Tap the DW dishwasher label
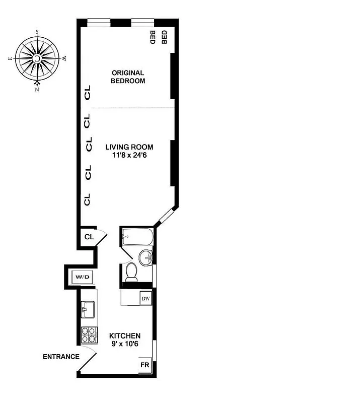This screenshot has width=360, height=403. click(x=145, y=299)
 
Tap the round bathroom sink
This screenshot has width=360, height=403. click(x=146, y=258)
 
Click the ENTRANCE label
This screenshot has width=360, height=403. click(x=61, y=357)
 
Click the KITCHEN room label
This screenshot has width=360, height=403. click(x=125, y=336)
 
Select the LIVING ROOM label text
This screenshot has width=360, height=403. click(x=129, y=147)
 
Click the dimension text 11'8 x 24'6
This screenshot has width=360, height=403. click(x=129, y=156)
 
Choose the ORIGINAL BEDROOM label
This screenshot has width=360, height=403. click(x=128, y=77)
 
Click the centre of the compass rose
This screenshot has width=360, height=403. click(x=37, y=59)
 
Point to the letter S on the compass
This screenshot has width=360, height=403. click(x=37, y=31)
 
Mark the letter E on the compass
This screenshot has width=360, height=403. click(x=10, y=59)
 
